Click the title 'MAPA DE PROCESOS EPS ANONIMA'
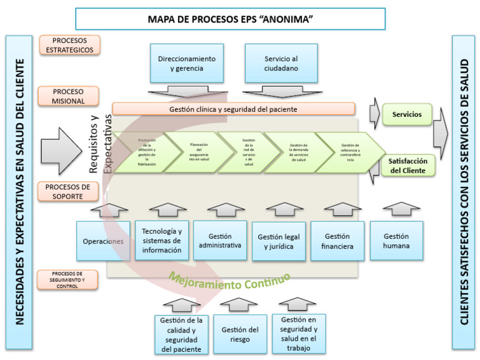coord(230,19)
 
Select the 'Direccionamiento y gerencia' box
coord(186,64)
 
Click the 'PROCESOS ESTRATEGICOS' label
coord(70,45)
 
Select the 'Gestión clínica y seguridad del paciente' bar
coord(234,109)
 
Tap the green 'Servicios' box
coord(407,115)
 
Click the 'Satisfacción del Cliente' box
coord(407,166)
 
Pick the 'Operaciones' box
coord(102,241)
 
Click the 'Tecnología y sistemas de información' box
coord(161,241)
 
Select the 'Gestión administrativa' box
coord(220,241)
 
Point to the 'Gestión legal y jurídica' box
coord(279,241)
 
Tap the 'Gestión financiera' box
coord(338,241)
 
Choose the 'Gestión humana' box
coord(396,241)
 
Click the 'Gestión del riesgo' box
coord(240,334)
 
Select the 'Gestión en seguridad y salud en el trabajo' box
coord(299,334)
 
